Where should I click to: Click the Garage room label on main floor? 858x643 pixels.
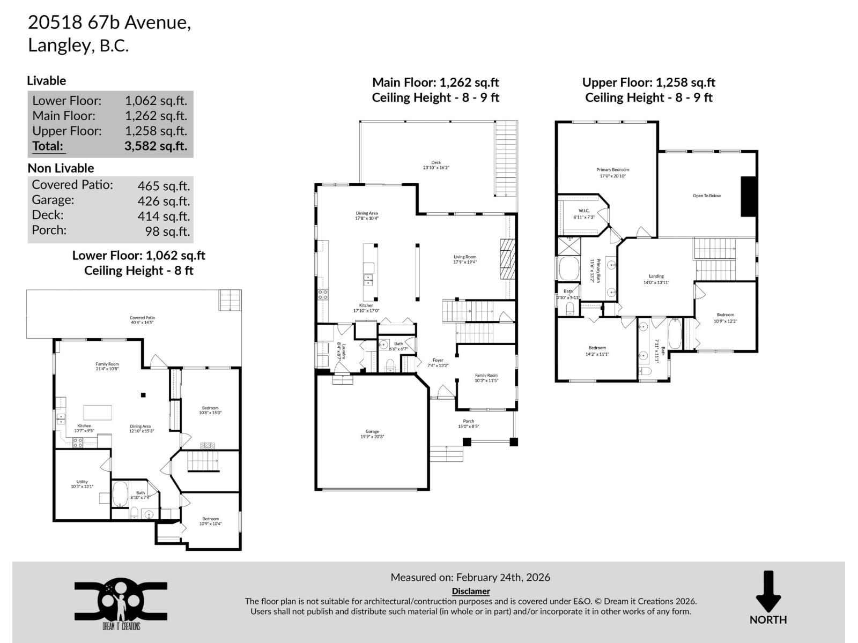point(372,433)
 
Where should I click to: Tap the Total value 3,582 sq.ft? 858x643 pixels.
point(156,146)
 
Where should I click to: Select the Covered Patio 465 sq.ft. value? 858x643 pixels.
point(164,185)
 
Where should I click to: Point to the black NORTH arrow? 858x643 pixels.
point(768,593)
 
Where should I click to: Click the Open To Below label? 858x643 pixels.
point(706,196)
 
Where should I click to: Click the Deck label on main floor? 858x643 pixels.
point(435,165)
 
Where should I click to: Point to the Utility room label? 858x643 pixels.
point(82,484)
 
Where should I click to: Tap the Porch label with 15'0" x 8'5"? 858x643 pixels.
point(468,423)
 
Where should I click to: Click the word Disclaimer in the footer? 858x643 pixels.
point(470,591)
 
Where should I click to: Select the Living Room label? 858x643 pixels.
point(464,259)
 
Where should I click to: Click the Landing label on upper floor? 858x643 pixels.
point(656,279)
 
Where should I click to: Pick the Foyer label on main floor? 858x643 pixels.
point(438,363)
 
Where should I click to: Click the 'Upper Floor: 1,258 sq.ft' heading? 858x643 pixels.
point(648,83)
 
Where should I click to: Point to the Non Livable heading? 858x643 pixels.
point(61,168)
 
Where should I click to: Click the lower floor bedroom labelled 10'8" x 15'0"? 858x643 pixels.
point(210,410)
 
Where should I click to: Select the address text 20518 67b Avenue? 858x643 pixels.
point(109,23)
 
